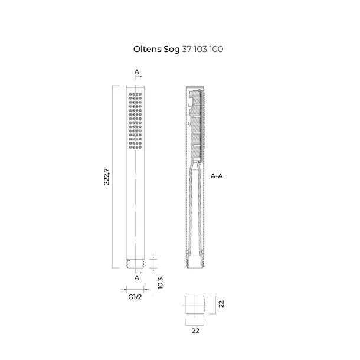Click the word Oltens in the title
[147, 49]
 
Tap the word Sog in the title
[172, 50]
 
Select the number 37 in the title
[187, 49]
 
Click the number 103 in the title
[201, 49]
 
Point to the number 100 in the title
[216, 49]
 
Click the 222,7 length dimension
[107, 176]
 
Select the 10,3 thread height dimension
[161, 283]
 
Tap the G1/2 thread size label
[135, 297]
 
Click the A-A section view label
[217, 176]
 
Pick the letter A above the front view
[136, 72]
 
